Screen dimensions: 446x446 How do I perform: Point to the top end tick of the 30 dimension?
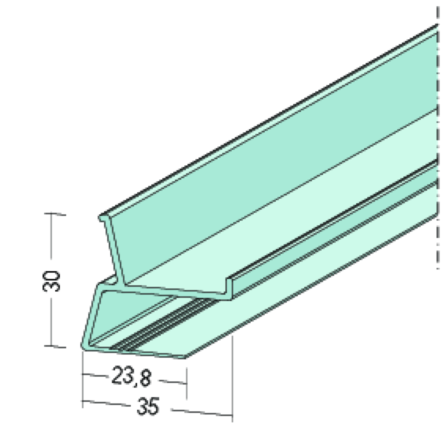56,215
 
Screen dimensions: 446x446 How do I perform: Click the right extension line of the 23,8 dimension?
186,376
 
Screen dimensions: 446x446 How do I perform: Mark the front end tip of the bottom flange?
185,356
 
